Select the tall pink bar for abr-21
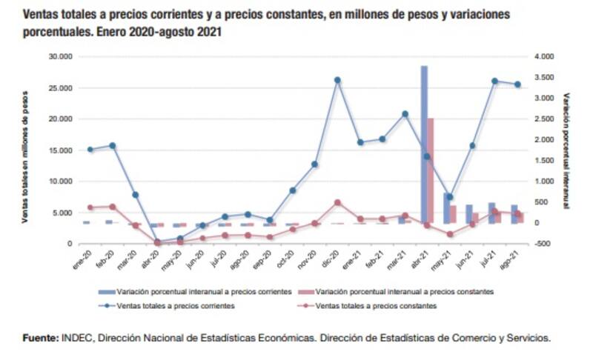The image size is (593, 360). point(431,170)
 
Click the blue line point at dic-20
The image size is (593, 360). point(337,80)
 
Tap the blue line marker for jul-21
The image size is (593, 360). point(494,81)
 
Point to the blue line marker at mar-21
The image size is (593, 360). point(405,114)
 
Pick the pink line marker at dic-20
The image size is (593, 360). point(337,202)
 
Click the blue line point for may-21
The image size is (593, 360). point(449,197)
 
